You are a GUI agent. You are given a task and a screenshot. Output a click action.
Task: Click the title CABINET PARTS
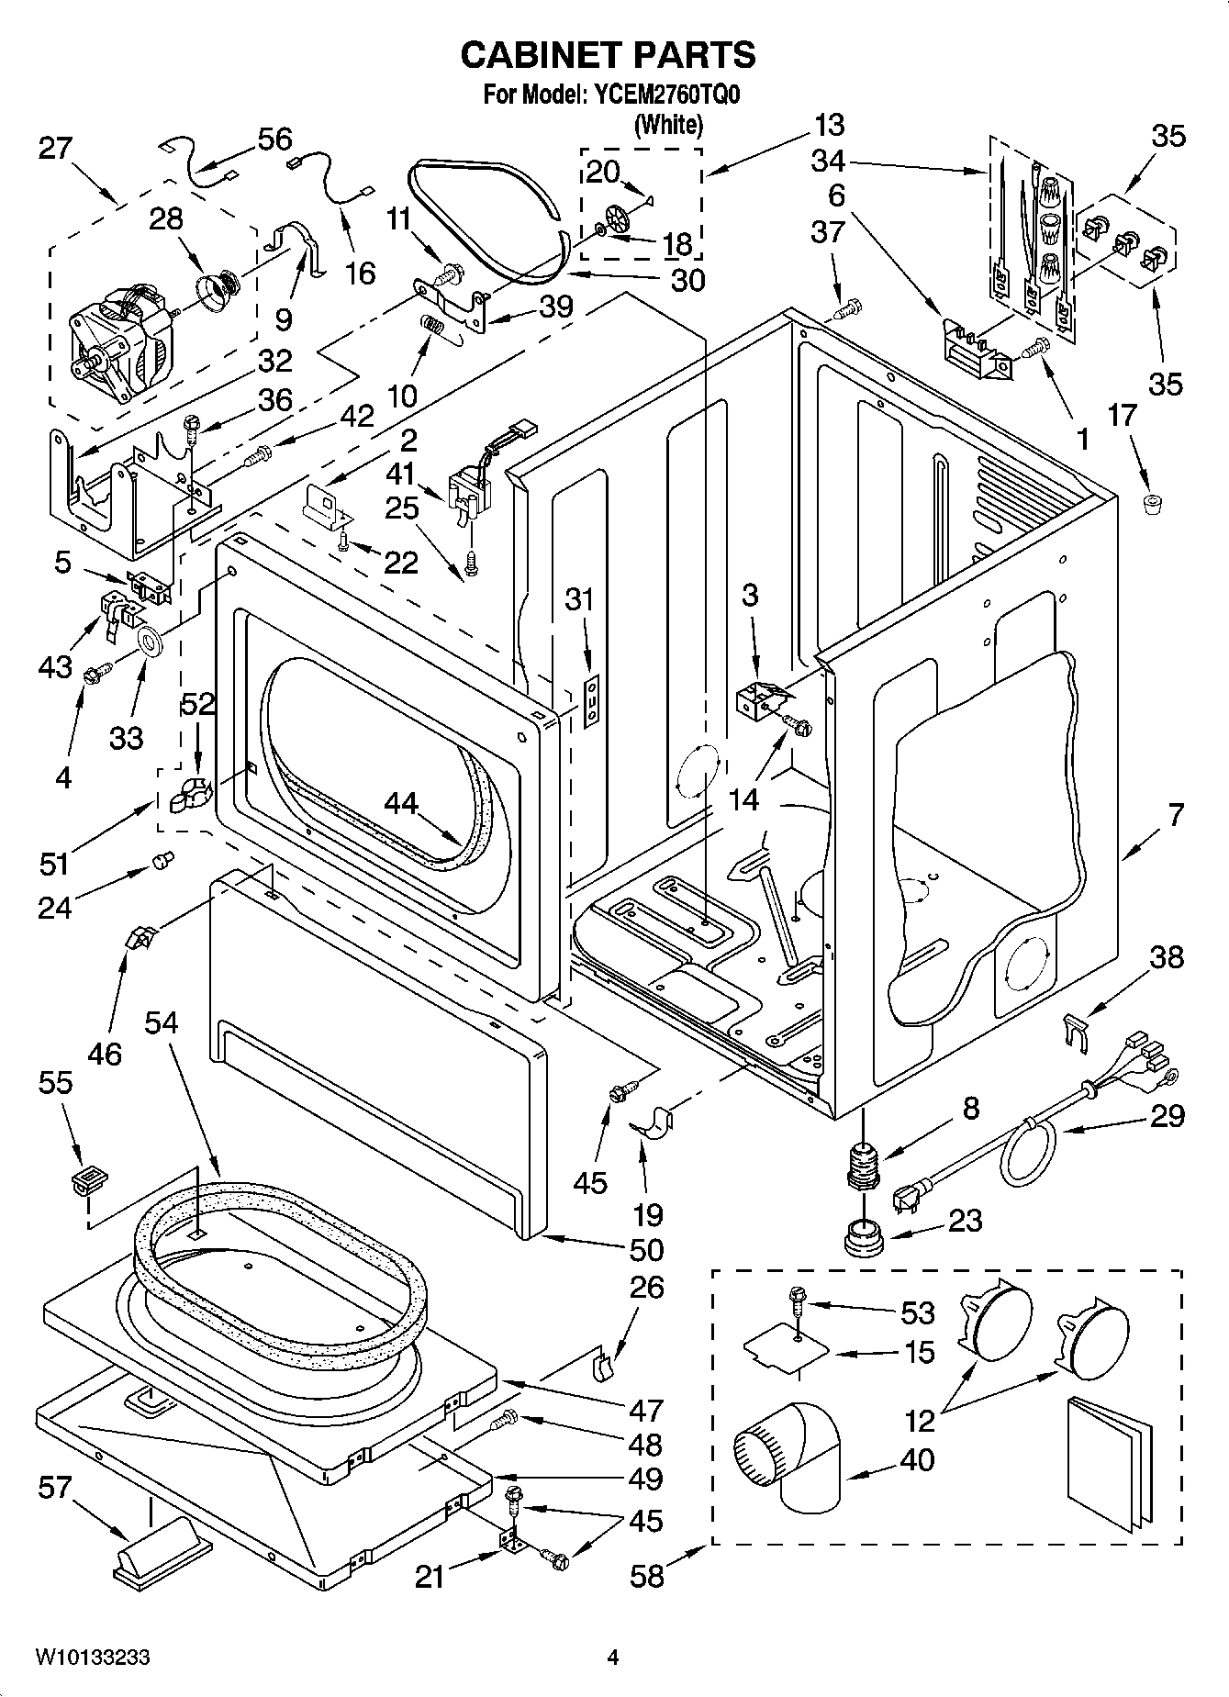608,55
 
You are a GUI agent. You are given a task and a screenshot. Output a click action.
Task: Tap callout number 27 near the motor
54,147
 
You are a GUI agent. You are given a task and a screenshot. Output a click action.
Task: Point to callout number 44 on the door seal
400,804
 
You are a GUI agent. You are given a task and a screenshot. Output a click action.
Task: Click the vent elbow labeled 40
791,1457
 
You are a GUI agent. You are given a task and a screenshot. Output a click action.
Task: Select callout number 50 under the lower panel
646,1249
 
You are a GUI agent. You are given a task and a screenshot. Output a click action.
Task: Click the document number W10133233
93,1658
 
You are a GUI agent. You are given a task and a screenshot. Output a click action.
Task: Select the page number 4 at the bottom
613,1658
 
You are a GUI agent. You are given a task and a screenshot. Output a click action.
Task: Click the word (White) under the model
668,124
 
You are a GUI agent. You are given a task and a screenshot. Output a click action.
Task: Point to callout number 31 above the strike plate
579,600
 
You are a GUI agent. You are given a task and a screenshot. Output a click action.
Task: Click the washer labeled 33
148,640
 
